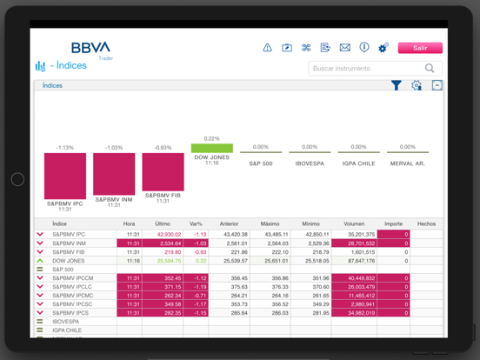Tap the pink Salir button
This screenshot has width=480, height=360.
(420, 48)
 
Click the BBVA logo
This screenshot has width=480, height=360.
(90, 47)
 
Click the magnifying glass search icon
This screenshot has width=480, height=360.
(430, 68)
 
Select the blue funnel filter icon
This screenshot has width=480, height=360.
(397, 85)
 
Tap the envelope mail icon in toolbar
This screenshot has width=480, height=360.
(344, 48)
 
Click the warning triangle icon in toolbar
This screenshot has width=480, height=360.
(268, 48)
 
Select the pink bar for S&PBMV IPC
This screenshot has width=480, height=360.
(65, 177)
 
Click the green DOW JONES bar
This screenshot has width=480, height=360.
(211, 149)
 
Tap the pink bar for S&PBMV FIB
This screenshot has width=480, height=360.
(163, 172)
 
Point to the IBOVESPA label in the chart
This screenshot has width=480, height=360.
(310, 163)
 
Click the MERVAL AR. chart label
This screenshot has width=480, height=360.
(407, 163)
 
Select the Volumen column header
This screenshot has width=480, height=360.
(354, 223)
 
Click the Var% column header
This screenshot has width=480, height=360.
(196, 223)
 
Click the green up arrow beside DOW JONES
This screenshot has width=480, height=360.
(40, 260)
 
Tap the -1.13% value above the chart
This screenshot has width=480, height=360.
(65, 148)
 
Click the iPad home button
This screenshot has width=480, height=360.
(17, 180)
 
